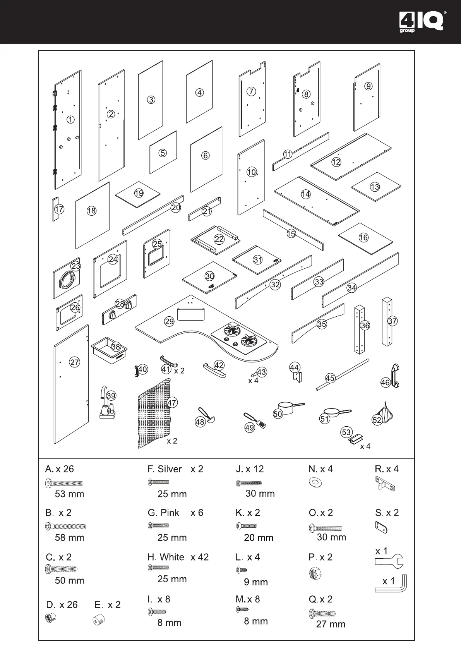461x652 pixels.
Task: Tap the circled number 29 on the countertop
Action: click(x=169, y=321)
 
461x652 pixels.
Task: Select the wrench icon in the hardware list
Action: click(x=389, y=561)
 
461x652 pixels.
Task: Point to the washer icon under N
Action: click(x=315, y=483)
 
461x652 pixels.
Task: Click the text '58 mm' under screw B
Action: click(x=69, y=537)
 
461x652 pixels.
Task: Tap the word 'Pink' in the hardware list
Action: click(x=170, y=513)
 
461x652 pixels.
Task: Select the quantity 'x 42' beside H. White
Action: click(x=199, y=557)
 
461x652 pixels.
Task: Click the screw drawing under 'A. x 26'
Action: click(x=64, y=483)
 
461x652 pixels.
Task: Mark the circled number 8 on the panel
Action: click(x=306, y=94)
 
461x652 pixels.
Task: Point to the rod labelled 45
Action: click(x=342, y=375)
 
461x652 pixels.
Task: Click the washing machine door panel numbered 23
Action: click(x=67, y=278)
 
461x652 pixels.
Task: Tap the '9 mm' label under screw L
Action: click(x=256, y=582)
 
